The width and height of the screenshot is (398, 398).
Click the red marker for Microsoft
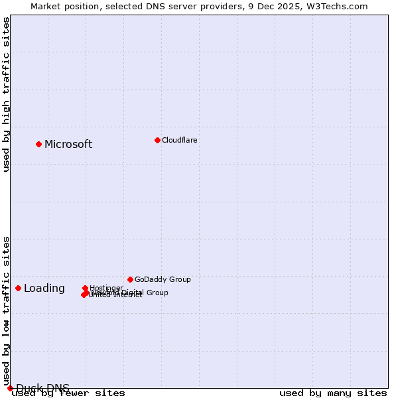(x=38, y=144)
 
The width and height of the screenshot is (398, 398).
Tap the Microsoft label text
(x=68, y=145)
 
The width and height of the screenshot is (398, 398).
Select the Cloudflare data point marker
(x=157, y=140)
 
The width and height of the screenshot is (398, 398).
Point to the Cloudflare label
(x=180, y=140)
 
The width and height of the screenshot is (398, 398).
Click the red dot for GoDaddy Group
(x=130, y=279)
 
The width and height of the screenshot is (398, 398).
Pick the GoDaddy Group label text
(x=163, y=279)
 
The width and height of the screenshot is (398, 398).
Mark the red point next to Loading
(x=18, y=288)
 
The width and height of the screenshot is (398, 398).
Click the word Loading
(x=44, y=289)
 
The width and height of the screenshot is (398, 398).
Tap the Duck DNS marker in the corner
(x=10, y=388)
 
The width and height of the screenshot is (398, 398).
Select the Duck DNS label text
(x=42, y=388)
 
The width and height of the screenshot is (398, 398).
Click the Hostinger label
(x=106, y=288)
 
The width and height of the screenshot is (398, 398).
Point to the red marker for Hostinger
(x=85, y=289)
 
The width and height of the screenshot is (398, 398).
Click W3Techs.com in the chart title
(x=338, y=7)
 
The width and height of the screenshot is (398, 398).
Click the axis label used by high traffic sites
(x=7, y=94)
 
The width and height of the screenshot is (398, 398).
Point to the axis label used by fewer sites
(x=68, y=393)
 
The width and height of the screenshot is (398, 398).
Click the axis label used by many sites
(x=333, y=393)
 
